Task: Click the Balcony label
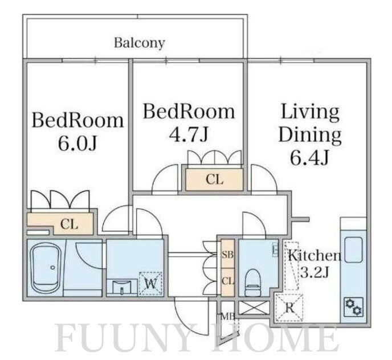pos(140,42)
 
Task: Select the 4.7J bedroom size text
pos(189,134)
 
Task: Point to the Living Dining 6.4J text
pos(310,134)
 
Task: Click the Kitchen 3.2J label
pos(314,263)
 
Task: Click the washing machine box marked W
pos(150,283)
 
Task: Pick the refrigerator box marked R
pos(289,308)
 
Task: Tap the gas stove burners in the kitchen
pos(353,307)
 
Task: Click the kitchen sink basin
pos(353,249)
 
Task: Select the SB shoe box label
pos(227,255)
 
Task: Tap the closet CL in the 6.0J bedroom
pos(69,223)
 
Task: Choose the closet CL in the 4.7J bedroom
pos(214,179)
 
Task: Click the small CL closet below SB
pos(227,281)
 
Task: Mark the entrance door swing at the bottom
pos(188,316)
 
